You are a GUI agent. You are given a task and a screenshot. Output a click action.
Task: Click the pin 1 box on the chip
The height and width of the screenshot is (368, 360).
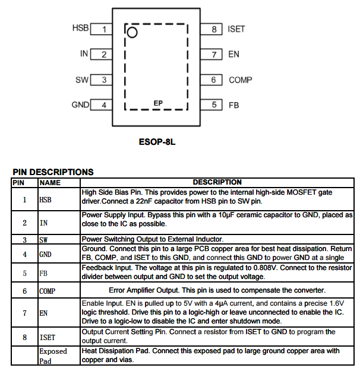click(x=103, y=28)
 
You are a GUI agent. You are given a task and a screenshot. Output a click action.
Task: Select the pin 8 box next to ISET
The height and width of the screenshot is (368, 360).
click(x=213, y=28)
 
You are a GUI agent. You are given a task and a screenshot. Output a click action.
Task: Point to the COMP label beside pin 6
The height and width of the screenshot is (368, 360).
click(x=241, y=80)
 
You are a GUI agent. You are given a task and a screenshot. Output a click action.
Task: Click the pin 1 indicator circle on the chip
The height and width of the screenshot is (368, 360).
click(x=132, y=31)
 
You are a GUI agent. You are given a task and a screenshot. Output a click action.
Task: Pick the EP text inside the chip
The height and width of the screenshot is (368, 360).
click(x=158, y=103)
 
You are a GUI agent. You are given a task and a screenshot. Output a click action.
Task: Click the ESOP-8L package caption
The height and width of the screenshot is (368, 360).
click(x=157, y=142)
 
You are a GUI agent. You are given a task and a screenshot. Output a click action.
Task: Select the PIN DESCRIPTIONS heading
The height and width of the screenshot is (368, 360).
click(x=53, y=172)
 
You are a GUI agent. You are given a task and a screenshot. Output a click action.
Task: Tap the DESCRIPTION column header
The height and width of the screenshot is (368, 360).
click(x=217, y=182)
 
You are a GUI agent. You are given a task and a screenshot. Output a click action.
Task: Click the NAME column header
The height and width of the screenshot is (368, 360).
click(x=50, y=182)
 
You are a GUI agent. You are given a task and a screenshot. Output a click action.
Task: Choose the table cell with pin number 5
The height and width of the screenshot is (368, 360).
click(x=25, y=274)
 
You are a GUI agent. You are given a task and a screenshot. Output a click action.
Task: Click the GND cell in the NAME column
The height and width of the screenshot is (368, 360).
click(x=46, y=254)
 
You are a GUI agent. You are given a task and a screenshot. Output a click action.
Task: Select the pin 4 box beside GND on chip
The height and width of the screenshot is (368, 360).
click(x=103, y=105)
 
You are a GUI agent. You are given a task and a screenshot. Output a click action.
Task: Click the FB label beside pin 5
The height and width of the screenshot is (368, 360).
click(x=234, y=105)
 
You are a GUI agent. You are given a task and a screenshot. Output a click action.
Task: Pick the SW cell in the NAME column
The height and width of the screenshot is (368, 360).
click(x=43, y=240)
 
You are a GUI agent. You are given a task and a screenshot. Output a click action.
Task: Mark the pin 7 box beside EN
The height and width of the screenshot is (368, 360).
click(x=213, y=54)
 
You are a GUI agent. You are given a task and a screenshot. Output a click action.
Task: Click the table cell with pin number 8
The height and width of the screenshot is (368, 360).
click(x=25, y=337)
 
